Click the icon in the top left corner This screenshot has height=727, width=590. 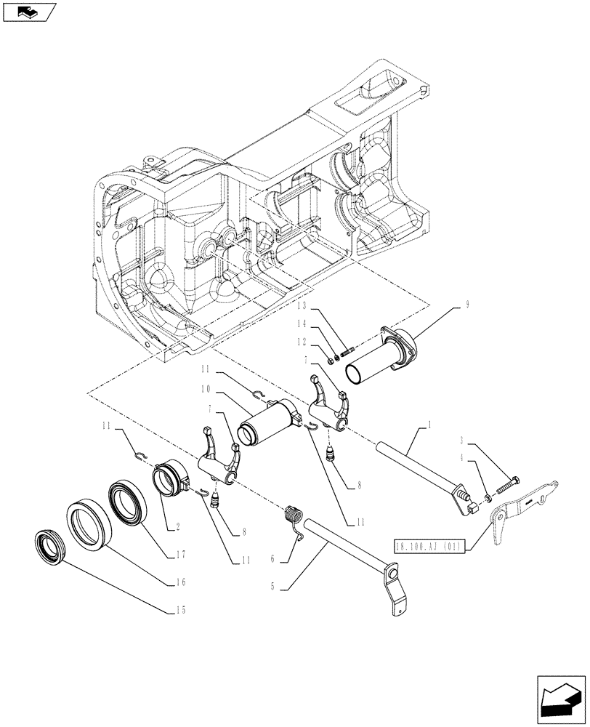click(x=30, y=11)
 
